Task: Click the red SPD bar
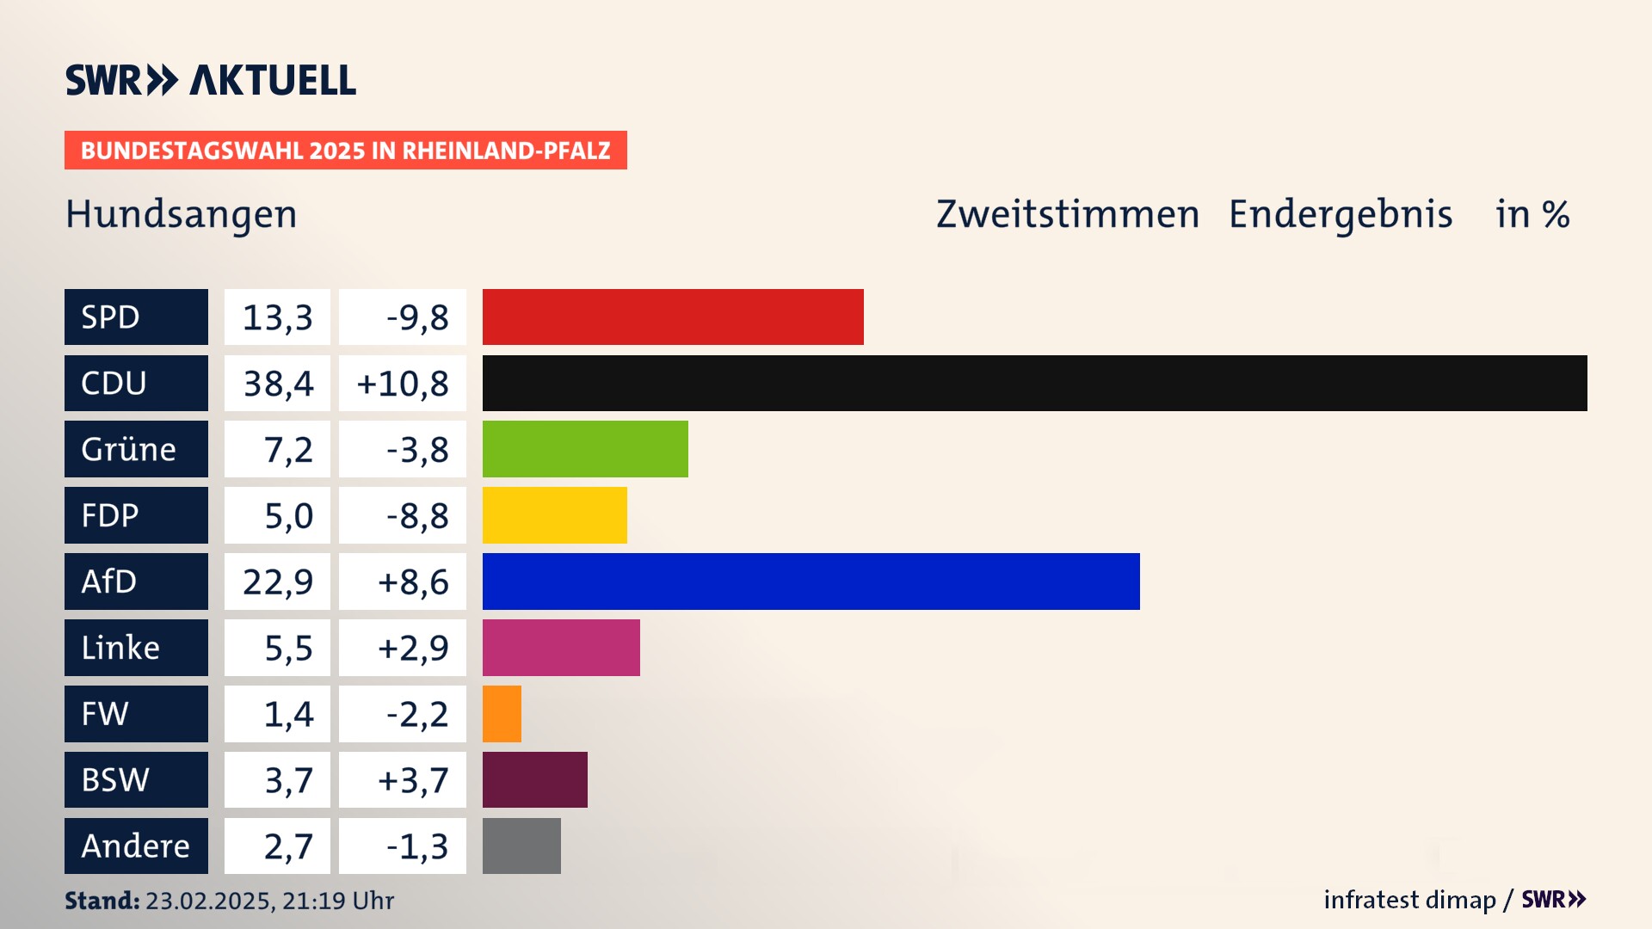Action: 673,317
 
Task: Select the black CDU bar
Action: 1034,383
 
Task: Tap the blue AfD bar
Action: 811,581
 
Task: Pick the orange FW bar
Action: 502,714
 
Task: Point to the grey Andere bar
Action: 521,846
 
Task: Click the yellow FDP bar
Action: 554,515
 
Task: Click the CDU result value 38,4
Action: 278,384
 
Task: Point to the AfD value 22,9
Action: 278,582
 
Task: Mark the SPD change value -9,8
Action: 417,317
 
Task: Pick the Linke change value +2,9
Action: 413,649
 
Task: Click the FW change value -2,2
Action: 417,715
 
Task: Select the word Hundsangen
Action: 182,214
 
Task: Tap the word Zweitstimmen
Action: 1068,214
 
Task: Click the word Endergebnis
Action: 1341,214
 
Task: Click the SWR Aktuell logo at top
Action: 211,80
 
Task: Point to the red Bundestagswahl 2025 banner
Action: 345,151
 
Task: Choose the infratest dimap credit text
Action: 1409,900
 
